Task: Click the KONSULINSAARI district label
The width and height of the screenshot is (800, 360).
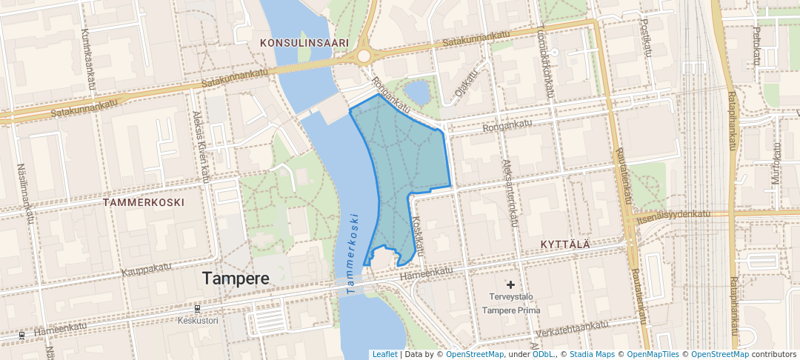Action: [304, 44]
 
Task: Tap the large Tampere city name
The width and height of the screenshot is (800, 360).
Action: [236, 279]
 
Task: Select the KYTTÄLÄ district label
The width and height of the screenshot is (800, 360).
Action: [565, 244]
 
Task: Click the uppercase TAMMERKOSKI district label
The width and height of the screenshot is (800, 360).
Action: [144, 201]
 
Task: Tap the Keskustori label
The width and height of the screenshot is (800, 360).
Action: [198, 321]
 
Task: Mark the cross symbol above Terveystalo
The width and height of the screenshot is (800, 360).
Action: [510, 284]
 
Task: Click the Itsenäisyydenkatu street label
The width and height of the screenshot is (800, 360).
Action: [672, 216]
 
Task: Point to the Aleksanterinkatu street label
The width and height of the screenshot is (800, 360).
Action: [510, 192]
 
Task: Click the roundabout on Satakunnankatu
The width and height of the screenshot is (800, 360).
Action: [363, 56]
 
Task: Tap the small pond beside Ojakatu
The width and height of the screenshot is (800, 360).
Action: [417, 93]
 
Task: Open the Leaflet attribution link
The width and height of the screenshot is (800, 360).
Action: [384, 354]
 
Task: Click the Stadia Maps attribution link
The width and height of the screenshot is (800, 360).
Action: [591, 354]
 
